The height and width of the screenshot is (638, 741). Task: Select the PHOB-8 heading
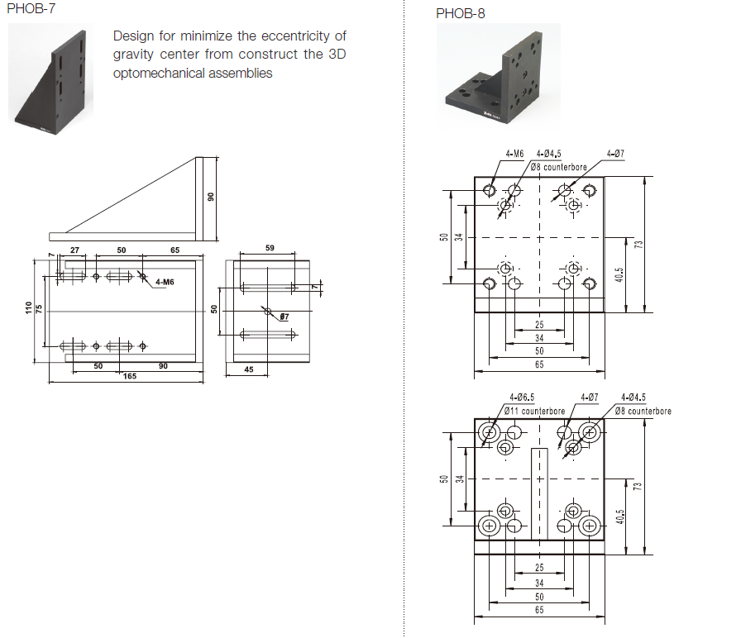pyautogui.click(x=461, y=13)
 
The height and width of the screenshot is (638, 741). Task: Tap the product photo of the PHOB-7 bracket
pyautogui.click(x=50, y=78)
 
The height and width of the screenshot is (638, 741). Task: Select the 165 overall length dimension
pyautogui.click(x=129, y=376)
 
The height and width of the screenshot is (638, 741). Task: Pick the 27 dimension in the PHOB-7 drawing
pyautogui.click(x=74, y=249)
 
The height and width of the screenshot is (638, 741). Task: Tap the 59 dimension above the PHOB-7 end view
pyautogui.click(x=270, y=247)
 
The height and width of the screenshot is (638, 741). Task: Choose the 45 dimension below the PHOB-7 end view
pyautogui.click(x=249, y=369)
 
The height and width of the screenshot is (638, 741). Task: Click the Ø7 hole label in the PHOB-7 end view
pyautogui.click(x=283, y=317)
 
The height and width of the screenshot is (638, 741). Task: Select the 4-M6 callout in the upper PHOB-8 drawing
pyautogui.click(x=515, y=154)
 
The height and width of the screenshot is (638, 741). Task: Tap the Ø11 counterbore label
pyautogui.click(x=535, y=411)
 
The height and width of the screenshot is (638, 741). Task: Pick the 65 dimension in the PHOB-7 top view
pyautogui.click(x=174, y=249)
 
